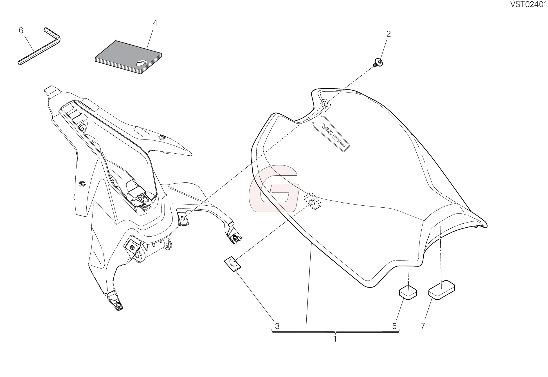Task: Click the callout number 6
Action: click(x=21, y=30)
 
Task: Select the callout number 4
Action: click(x=155, y=23)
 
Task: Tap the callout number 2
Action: click(x=388, y=34)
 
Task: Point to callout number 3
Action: click(x=277, y=326)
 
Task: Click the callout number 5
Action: click(x=394, y=326)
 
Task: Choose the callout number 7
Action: click(x=423, y=326)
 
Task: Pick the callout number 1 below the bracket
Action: click(x=335, y=339)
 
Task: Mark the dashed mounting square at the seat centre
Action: click(x=312, y=201)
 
